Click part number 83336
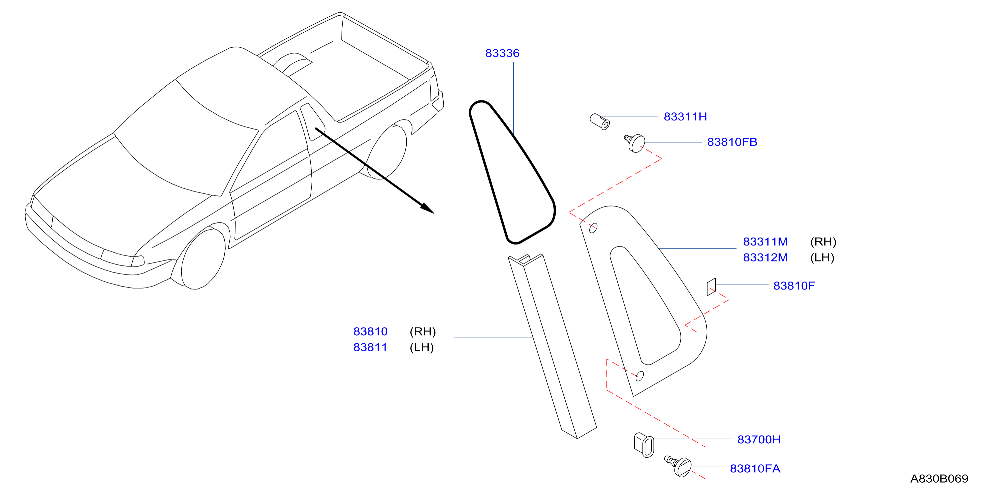pos(502,53)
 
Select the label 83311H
pos(685,117)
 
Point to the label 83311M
pos(765,242)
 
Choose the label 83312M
pos(765,258)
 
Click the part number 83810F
pos(794,286)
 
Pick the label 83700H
pos(759,439)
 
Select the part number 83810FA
pos(755,468)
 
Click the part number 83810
pos(370,332)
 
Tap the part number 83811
pos(370,347)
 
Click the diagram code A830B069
pos(939,479)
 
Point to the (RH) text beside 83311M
pos(823,242)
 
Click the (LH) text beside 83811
pos(421,348)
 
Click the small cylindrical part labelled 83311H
pos(600,122)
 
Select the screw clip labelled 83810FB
pos(635,143)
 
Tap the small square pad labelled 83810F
pos(711,287)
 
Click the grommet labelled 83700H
pos(643,445)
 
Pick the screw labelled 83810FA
pos(679,466)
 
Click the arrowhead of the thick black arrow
pos(428,208)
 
